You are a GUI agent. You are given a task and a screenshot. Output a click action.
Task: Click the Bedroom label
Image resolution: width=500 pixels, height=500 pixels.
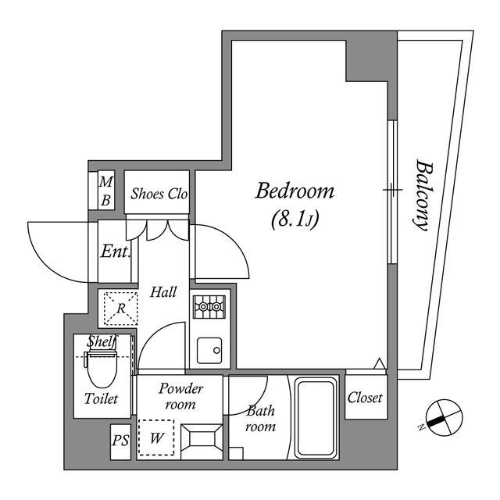click(x=295, y=191)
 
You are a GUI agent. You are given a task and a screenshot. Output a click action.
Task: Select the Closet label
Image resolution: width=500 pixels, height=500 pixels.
click(x=365, y=398)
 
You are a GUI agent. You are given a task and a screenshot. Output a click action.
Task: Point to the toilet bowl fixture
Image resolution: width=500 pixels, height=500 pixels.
click(x=102, y=367)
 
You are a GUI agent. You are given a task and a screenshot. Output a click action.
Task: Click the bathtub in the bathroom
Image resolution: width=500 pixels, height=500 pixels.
click(x=316, y=417)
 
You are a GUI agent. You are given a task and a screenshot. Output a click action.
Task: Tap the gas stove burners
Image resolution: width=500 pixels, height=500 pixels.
click(x=209, y=307)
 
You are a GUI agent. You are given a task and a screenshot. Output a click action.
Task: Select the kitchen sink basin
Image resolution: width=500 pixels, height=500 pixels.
click(x=209, y=351)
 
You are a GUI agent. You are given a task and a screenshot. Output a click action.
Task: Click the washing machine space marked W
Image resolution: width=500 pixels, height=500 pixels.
click(x=156, y=437)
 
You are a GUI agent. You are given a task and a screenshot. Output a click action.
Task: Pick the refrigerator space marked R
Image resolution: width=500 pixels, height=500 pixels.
click(x=121, y=308)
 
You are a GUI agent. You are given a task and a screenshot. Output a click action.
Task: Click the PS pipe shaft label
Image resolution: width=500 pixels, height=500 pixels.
click(x=120, y=441)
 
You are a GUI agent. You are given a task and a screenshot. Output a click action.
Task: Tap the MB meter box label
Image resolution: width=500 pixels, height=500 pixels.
click(x=106, y=191)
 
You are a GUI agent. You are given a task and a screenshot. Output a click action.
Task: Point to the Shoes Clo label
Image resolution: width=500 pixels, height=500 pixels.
click(x=159, y=194)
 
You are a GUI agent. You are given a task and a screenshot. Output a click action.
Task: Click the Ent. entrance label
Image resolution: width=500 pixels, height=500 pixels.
click(x=116, y=252)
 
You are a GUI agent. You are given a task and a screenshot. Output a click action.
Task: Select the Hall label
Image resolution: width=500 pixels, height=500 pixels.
click(x=163, y=291)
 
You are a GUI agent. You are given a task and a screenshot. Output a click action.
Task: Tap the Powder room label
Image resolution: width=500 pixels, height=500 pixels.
click(x=180, y=396)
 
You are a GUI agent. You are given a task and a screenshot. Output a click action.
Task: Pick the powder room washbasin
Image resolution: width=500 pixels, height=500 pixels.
click(x=202, y=441)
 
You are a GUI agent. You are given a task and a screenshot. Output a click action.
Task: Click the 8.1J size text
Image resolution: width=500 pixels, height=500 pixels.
click(x=295, y=220)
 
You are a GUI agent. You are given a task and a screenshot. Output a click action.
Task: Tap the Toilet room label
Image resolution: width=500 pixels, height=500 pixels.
click(x=101, y=398)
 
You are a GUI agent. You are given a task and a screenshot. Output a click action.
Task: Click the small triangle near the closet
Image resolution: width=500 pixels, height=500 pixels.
click(x=379, y=363)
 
